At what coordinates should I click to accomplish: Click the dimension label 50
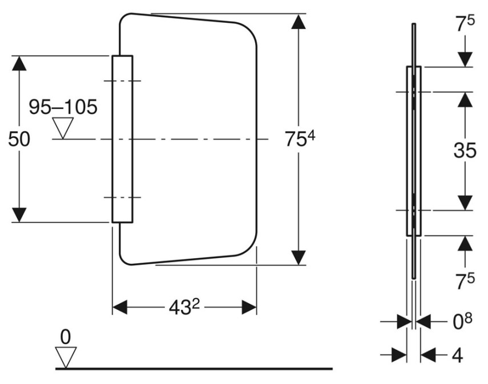19,139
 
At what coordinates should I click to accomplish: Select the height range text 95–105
63,107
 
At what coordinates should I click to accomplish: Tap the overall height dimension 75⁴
300,138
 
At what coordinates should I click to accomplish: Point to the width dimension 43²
184,308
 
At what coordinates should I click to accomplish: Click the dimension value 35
465,150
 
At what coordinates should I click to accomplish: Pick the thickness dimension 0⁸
462,321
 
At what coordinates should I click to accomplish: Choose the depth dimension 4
457,355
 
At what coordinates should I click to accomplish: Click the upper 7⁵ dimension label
465,24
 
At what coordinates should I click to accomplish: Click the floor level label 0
66,337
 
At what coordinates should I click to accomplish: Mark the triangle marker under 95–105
63,128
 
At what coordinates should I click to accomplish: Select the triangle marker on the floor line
66,358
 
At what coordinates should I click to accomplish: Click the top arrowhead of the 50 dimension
19,63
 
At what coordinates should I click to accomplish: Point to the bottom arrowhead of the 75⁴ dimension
299,258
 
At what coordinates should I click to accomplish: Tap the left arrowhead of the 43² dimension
120,307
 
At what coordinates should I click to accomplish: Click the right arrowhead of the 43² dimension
249,307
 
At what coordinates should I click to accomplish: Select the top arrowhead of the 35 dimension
465,100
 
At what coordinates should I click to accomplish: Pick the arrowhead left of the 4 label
400,355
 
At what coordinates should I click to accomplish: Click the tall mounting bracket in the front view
122,139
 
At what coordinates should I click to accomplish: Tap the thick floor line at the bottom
194,369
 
